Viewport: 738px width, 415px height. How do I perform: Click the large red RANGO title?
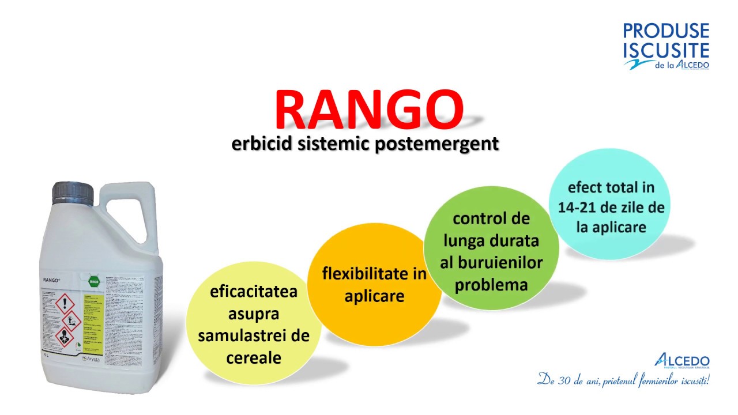coord(369,110)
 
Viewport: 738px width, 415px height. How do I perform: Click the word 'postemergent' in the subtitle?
coord(436,144)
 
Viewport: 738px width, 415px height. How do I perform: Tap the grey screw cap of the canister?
coord(73,193)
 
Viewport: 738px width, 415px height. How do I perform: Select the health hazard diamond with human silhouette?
coord(65,337)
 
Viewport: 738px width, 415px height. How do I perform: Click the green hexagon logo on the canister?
coord(93,282)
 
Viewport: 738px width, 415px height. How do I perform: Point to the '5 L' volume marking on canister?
coord(46,355)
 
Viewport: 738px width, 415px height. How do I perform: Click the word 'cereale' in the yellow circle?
coord(254,358)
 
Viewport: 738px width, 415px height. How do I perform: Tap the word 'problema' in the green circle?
coord(491,285)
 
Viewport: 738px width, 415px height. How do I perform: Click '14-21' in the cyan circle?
coord(578,207)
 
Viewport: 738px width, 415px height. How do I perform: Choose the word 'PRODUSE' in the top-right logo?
coord(666,31)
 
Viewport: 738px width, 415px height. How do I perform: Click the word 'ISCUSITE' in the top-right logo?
coord(666,50)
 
